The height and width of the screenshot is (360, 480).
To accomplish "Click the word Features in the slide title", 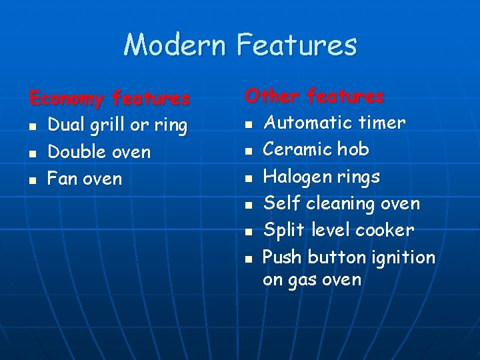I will (297, 45).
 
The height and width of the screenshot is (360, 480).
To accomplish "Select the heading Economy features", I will (109, 99).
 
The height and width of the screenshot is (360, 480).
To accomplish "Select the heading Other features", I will (314, 96).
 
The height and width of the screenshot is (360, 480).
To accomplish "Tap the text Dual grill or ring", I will (117, 125).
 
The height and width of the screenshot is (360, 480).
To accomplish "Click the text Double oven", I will (99, 152).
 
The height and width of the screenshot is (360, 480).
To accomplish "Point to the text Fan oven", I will (85, 179).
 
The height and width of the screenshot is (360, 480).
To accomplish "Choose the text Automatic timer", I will (334, 123).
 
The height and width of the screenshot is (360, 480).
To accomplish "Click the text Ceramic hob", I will (316, 149).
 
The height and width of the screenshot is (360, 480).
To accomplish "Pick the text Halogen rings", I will (321, 177).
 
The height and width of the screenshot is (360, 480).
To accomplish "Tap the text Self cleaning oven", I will (341, 203).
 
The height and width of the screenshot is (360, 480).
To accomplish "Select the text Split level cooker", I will (339, 230).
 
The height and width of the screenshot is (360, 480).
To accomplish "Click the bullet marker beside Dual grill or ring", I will (33, 127).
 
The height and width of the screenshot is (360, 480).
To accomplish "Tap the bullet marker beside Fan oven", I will (33, 180).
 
